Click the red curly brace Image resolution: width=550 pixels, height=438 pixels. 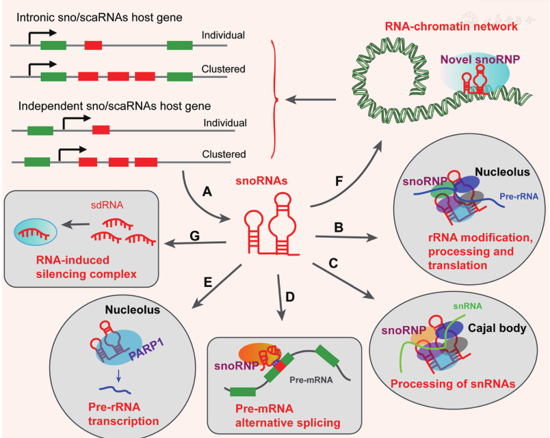274,101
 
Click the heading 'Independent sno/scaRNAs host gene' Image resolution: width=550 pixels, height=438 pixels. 115,107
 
